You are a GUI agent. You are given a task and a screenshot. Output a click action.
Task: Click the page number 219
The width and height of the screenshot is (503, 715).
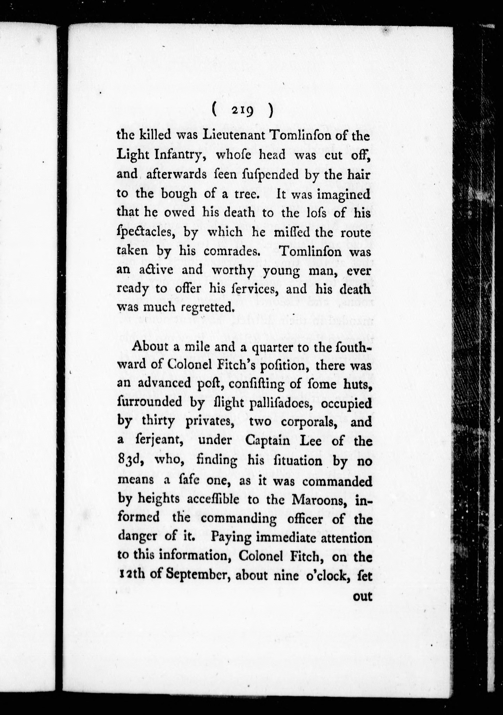pyautogui.click(x=243, y=111)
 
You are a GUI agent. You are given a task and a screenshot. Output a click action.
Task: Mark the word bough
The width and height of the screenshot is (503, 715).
pyautogui.click(x=179, y=194)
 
